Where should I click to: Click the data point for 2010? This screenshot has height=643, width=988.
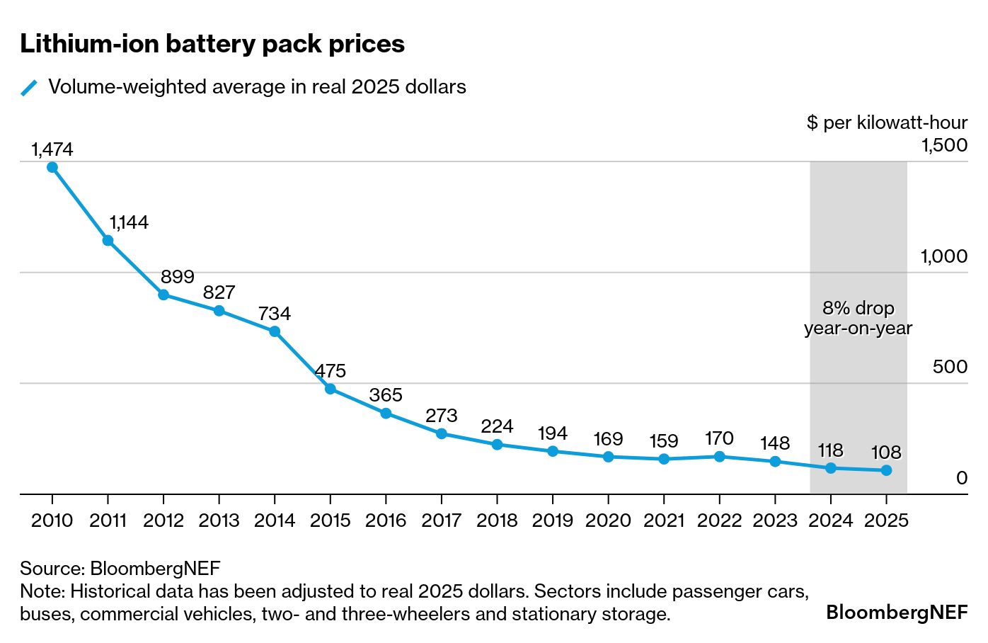coord(52,168)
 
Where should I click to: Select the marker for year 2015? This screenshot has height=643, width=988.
coord(331,389)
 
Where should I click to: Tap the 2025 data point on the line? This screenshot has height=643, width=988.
coord(886,470)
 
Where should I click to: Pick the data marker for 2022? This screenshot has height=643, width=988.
coord(720,457)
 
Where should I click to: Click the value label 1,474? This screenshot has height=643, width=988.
coord(52,149)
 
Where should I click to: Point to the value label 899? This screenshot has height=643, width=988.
coord(177,277)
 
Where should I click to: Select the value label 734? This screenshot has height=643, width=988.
coord(275,314)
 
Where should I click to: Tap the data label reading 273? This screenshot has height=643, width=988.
coord(442,416)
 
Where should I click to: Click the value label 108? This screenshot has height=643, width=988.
coord(886,452)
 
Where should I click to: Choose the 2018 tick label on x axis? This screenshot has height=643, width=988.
coord(497,520)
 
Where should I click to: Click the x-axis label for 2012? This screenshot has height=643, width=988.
coord(163,520)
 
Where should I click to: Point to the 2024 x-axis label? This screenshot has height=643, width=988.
coord(831,520)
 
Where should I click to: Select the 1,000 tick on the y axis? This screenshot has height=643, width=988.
coord(943,256)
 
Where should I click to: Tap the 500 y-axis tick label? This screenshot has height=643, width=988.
coord(950,367)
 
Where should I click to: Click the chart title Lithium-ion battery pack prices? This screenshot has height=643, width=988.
coord(212,44)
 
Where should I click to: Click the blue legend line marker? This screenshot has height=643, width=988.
coord(29,88)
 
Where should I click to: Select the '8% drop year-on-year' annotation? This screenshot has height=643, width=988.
coord(858,318)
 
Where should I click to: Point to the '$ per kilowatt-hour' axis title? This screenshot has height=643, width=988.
coord(887,123)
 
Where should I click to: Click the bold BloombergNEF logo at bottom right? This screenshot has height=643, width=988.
coord(897,613)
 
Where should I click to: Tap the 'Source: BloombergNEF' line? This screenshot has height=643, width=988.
coord(120,568)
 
